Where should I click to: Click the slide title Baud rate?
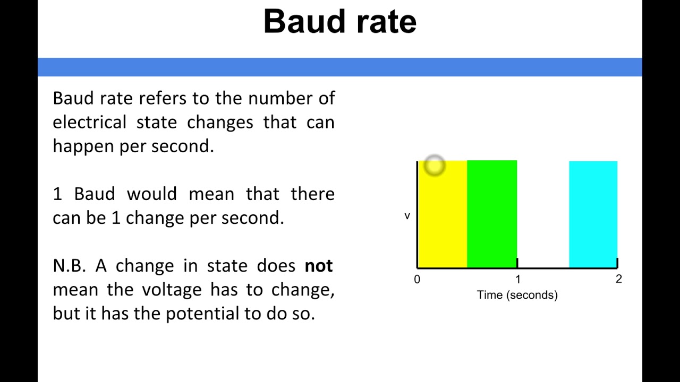339,22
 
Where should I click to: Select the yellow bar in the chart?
442,223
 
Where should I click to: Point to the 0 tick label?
417,279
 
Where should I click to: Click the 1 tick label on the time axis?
518,279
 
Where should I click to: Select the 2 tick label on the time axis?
618,279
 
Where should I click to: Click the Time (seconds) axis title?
517,295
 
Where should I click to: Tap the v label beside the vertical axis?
407,216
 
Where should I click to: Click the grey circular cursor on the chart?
435,166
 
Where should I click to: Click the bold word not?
319,266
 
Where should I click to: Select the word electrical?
89,123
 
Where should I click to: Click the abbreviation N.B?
69,266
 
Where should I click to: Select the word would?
151,194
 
